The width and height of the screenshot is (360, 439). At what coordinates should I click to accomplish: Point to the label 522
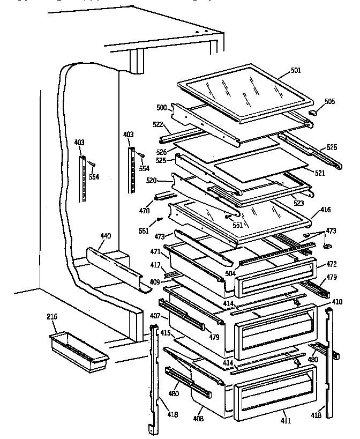click(158, 124)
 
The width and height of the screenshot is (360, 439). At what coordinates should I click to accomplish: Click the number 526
click(162, 152)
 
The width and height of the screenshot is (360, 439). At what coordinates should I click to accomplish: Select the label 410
click(336, 302)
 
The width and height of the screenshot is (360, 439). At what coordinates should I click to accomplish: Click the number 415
click(166, 333)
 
